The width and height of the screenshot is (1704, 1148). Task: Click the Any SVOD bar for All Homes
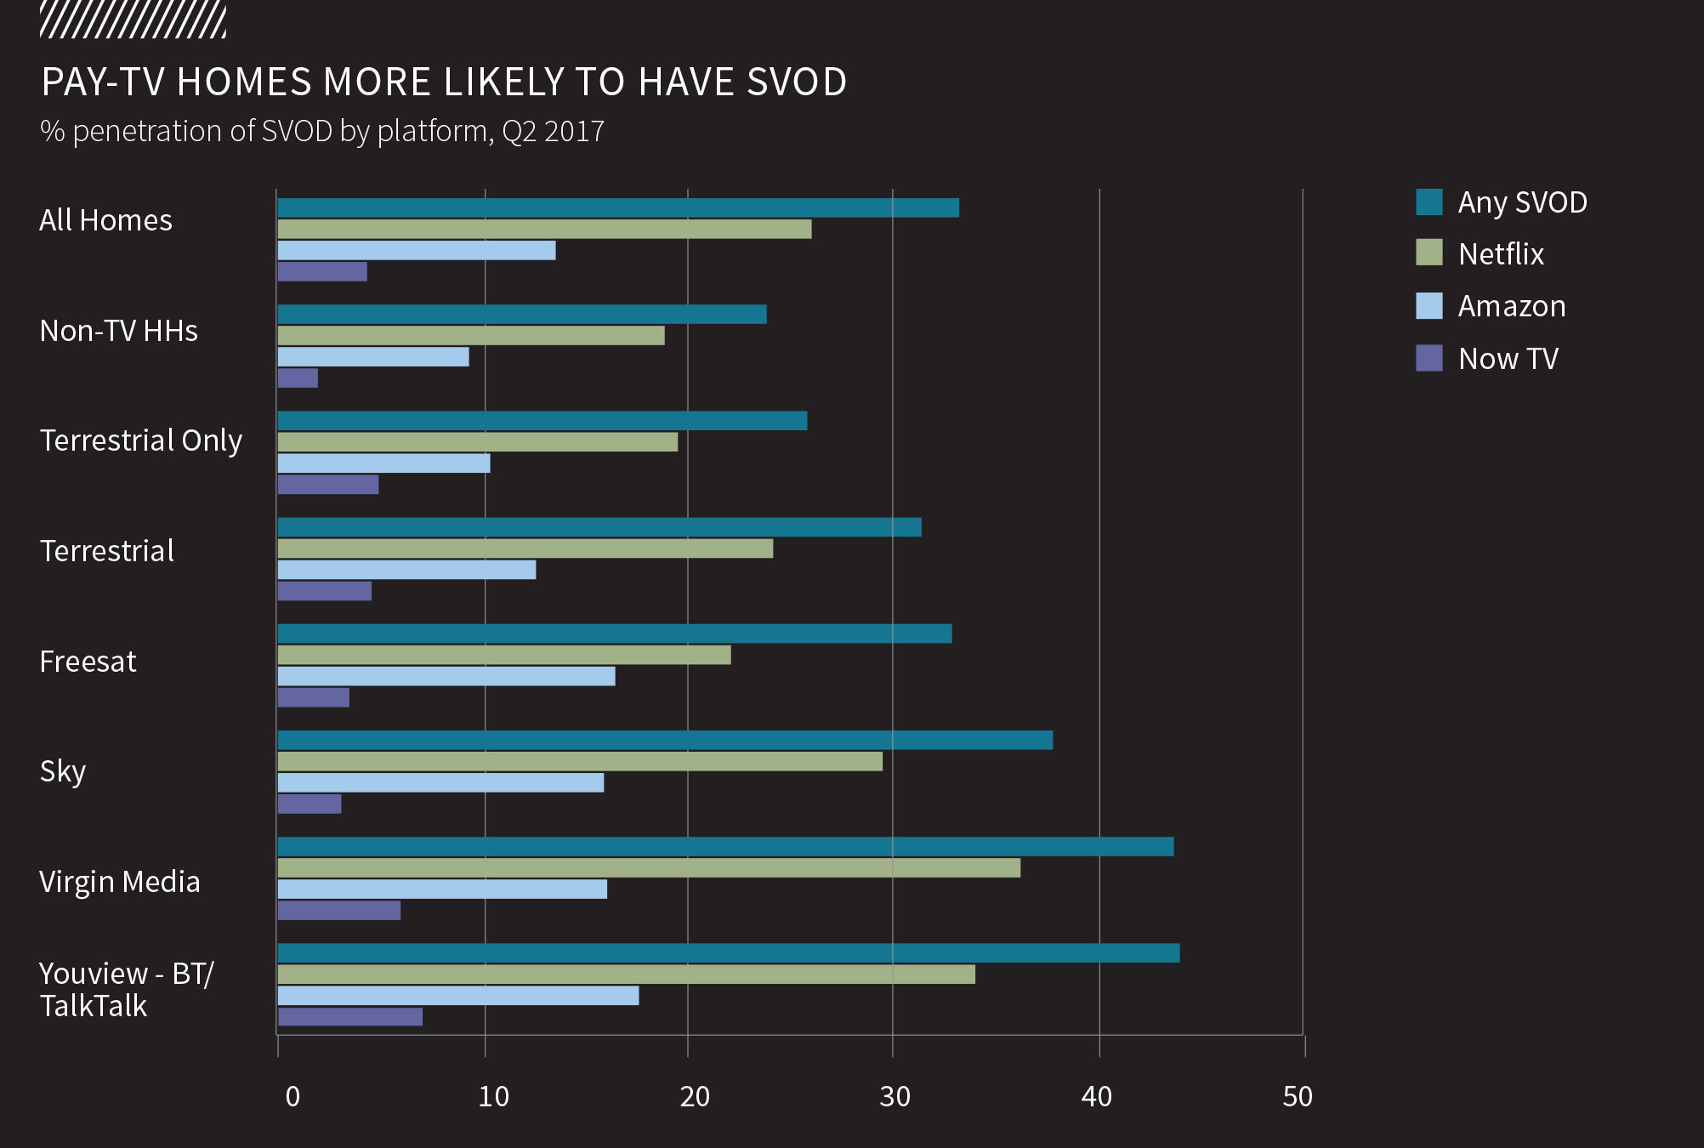click(618, 207)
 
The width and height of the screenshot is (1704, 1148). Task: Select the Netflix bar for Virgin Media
click(649, 867)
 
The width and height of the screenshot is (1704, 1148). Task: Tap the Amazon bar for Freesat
click(446, 676)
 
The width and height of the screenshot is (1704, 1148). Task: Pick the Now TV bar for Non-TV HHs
click(298, 378)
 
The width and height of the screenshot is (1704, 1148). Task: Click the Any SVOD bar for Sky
click(665, 740)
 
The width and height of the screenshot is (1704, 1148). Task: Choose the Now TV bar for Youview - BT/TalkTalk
click(350, 1016)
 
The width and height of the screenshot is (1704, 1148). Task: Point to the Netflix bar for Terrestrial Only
click(478, 441)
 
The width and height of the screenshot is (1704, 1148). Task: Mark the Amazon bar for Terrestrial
click(406, 570)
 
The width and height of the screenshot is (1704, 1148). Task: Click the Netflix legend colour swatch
click(1429, 253)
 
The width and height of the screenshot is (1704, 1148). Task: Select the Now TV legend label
click(1508, 359)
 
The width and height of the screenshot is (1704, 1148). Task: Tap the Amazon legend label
click(1511, 306)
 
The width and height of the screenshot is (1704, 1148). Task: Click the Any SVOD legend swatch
click(1429, 202)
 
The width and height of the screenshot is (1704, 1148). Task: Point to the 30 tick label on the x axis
click(895, 1097)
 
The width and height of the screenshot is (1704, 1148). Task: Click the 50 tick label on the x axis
click(1298, 1097)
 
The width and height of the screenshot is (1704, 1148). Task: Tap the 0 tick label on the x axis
click(293, 1097)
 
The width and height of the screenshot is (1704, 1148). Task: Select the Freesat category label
click(88, 662)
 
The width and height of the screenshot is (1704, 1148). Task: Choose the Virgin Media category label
click(120, 882)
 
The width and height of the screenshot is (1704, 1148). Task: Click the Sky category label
click(63, 771)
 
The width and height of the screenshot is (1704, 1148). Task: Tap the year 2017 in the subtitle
click(574, 132)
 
